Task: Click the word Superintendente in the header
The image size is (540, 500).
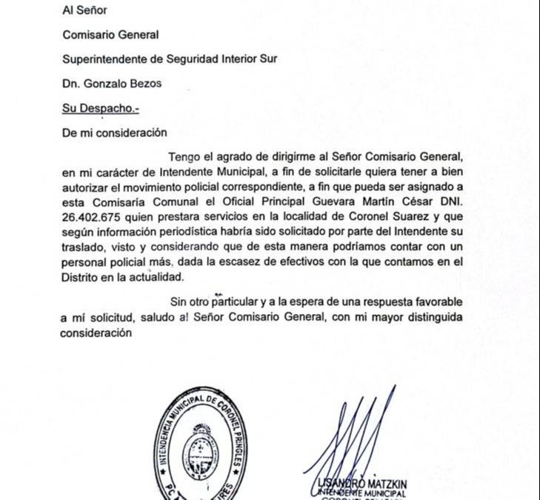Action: [100, 59]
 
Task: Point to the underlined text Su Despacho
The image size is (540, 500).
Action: [99, 108]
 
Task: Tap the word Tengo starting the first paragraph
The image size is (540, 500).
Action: [185, 157]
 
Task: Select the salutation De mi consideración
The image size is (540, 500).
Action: [114, 133]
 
